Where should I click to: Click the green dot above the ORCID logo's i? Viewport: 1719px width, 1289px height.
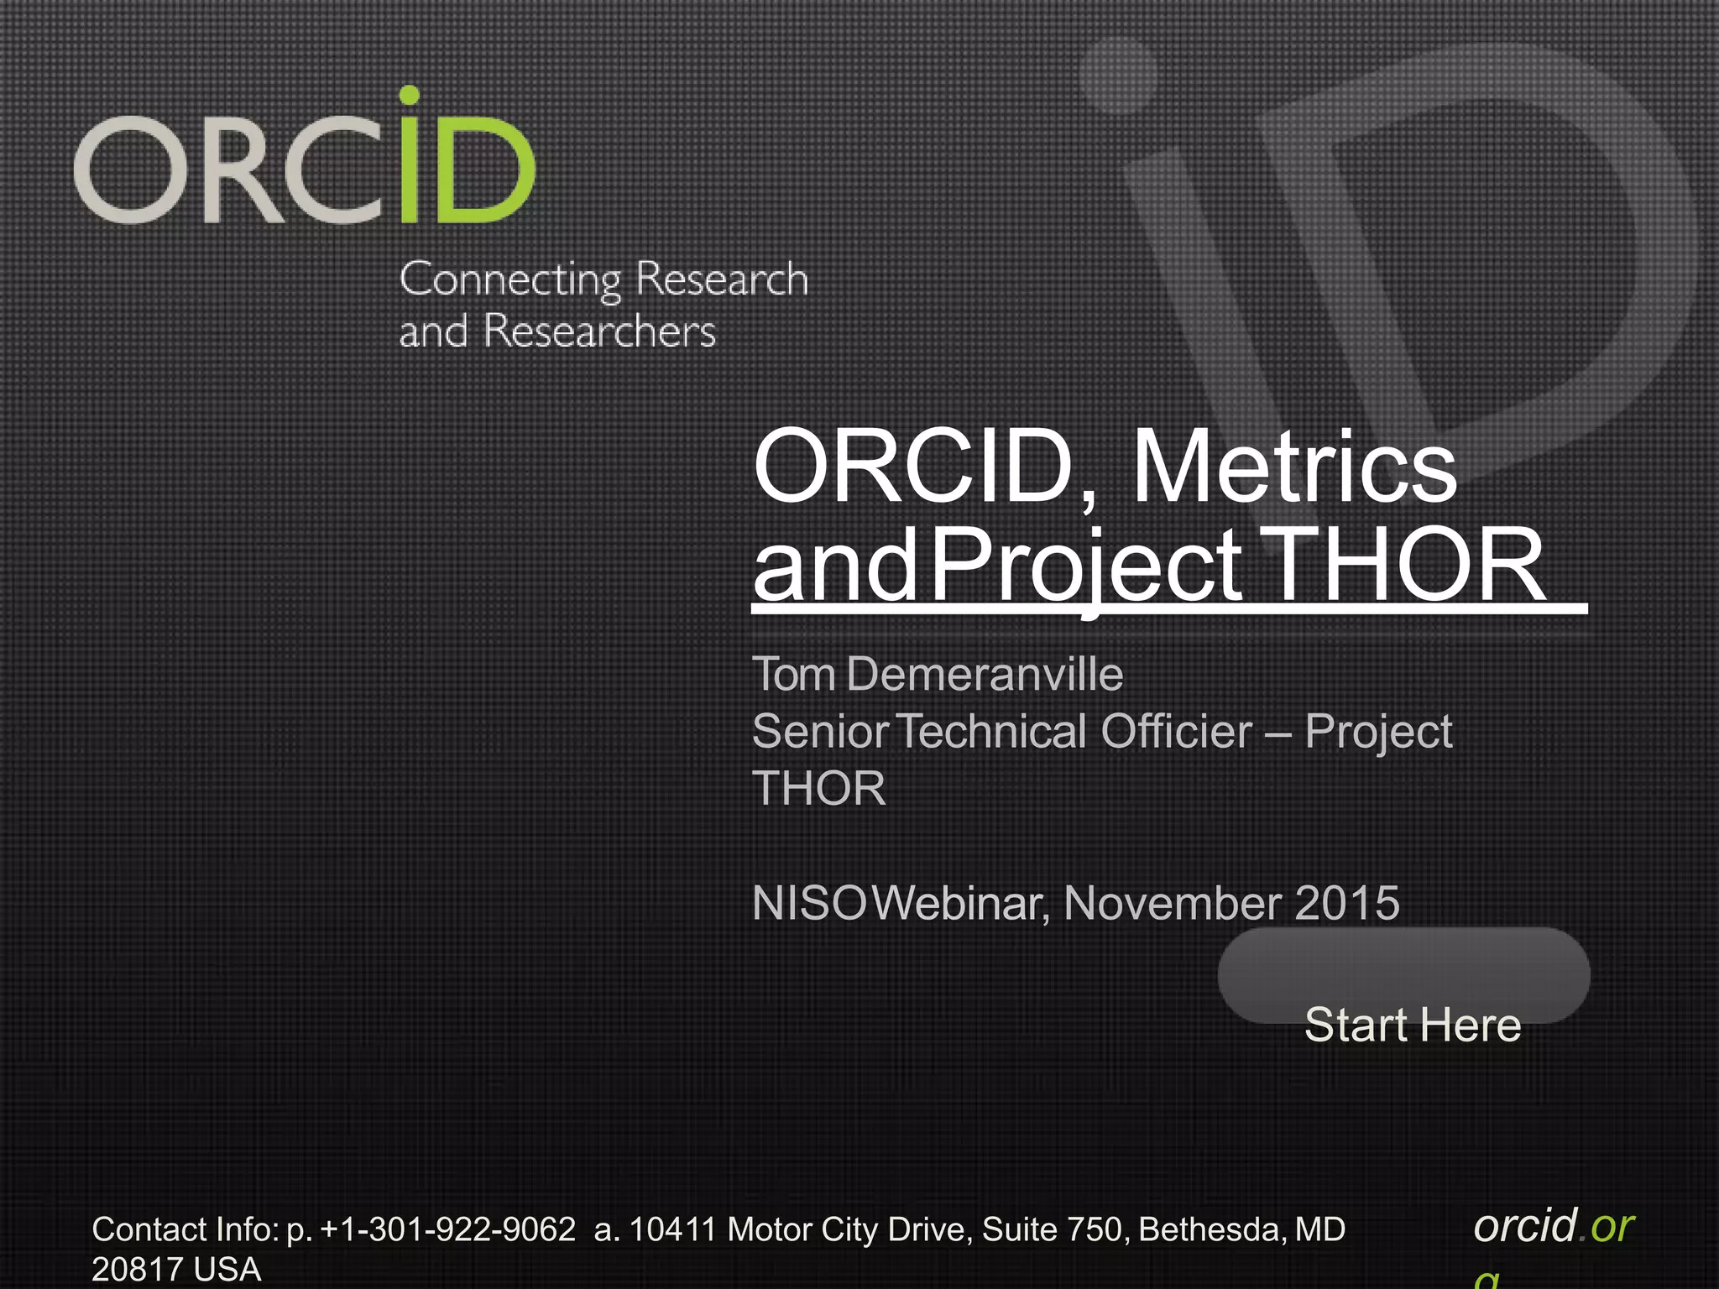click(409, 96)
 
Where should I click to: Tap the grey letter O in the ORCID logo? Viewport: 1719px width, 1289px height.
click(123, 170)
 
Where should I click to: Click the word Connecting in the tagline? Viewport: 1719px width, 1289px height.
click(509, 280)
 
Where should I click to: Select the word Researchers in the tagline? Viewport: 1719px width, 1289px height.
click(599, 331)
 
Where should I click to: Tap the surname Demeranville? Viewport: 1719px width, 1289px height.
click(984, 674)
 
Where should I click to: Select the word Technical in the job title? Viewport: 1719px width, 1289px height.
click(995, 731)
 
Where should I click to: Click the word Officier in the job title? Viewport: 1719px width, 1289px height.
click(1176, 731)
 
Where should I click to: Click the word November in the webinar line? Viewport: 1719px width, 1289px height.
click(1173, 903)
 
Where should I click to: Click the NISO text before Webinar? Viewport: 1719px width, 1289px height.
click(809, 903)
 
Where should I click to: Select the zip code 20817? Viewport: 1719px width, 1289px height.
click(134, 1269)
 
